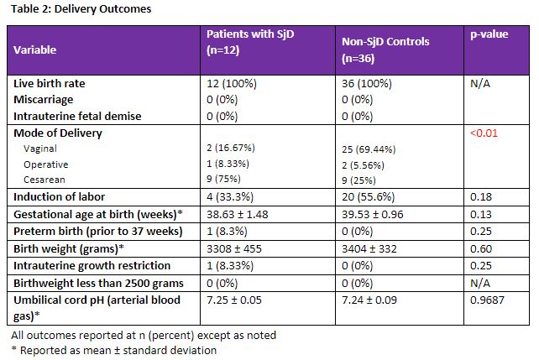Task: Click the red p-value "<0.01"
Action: pos(483,133)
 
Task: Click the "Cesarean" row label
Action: pos(43,180)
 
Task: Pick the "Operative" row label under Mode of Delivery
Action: pos(46,164)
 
